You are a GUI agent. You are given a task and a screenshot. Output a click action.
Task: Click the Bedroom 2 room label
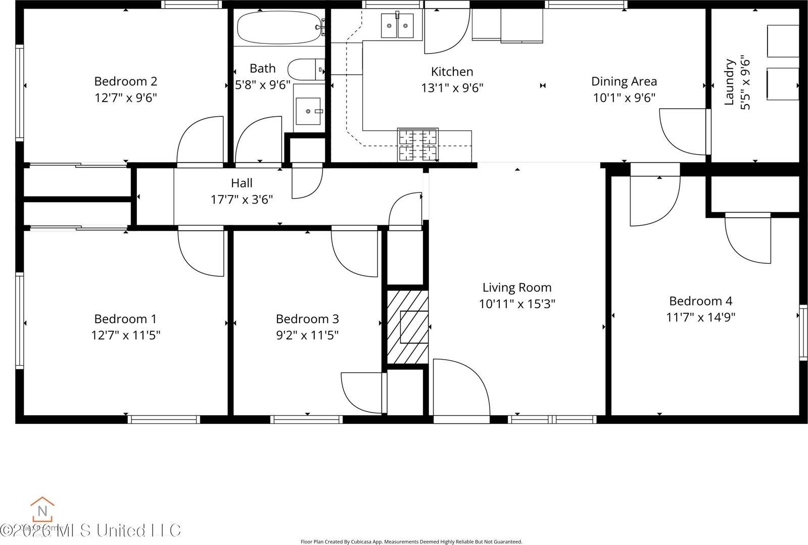point(125,81)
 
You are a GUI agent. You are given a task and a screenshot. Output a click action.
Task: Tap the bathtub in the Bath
point(278,27)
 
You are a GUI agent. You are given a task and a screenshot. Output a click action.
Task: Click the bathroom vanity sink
point(308,111)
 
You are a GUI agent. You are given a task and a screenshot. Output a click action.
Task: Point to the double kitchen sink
point(397,25)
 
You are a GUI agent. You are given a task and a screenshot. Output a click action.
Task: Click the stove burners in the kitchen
point(418,145)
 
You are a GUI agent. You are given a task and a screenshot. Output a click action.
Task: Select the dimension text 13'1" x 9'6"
point(452,88)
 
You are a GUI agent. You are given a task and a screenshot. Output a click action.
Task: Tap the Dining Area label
point(624,81)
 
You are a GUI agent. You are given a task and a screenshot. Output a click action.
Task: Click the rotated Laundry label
point(729,82)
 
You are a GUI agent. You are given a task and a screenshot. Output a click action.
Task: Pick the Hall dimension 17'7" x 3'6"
point(242,200)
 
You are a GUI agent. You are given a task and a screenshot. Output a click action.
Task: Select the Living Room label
point(516,287)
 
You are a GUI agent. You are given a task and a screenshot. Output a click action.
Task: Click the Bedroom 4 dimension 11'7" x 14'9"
point(700,317)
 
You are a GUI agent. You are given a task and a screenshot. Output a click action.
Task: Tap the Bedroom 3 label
point(307,319)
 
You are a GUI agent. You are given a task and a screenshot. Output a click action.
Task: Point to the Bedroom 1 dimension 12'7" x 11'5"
point(125,335)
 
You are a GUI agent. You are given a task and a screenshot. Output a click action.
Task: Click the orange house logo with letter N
point(42,510)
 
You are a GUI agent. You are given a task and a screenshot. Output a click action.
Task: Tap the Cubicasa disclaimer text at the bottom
point(411,541)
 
